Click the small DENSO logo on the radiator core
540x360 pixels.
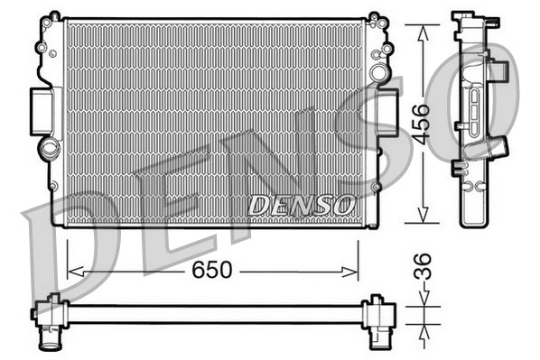click(301, 206)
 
